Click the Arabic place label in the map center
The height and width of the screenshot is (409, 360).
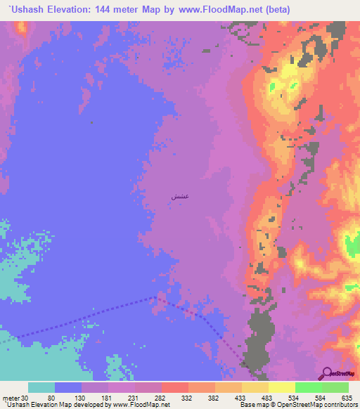click(178, 197)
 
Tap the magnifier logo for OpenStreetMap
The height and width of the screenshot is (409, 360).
click(326, 372)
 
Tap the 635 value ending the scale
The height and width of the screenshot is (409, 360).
click(345, 397)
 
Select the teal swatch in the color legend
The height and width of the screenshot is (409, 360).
click(41, 387)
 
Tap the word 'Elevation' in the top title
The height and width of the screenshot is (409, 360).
click(68, 9)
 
